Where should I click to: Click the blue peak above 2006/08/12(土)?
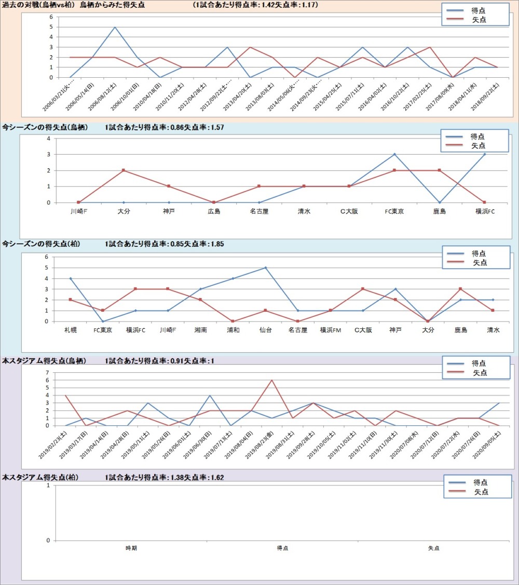(x=115, y=27)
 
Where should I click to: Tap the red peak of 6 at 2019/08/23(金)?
(x=271, y=380)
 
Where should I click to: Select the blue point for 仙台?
(x=265, y=268)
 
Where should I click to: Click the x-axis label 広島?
(x=214, y=211)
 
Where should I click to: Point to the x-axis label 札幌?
(x=71, y=330)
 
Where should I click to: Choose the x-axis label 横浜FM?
(x=330, y=330)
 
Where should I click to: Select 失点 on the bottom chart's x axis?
(x=433, y=548)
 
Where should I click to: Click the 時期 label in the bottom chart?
(x=131, y=548)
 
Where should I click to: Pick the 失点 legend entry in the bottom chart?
(x=481, y=492)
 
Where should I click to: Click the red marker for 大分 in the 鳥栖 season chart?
(x=124, y=170)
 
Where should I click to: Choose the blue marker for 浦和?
(x=233, y=278)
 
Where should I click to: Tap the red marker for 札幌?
(x=71, y=300)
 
